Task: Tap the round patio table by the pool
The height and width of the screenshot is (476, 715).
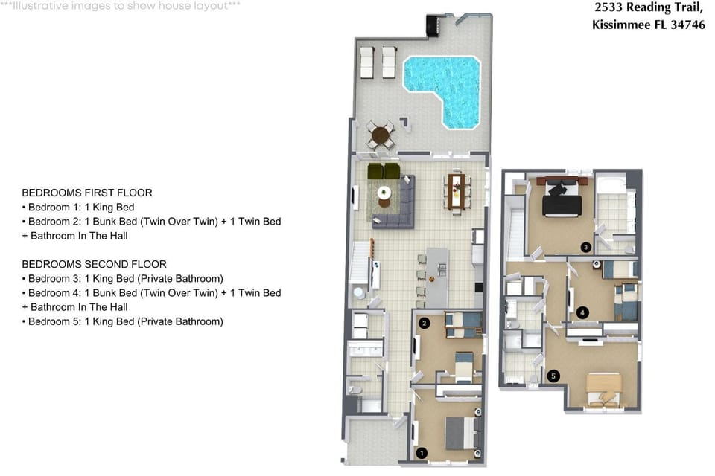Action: (381, 135)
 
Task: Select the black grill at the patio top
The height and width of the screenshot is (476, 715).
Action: (432, 25)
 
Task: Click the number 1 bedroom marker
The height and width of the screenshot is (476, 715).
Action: (422, 453)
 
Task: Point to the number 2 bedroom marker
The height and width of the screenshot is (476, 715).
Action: (425, 323)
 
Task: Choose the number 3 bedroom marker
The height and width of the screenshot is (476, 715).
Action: (586, 248)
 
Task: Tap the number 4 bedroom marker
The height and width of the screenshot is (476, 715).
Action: (582, 312)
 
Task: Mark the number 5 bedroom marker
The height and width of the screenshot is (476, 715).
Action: (553, 376)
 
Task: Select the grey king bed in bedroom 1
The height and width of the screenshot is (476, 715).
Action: (462, 433)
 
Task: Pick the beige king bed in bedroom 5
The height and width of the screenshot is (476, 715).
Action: (604, 388)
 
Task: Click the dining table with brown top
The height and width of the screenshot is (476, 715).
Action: (457, 192)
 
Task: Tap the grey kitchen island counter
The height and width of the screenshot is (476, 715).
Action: (437, 277)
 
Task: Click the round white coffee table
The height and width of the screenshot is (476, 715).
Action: (384, 192)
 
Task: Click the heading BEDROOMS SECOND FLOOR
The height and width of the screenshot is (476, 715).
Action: (95, 264)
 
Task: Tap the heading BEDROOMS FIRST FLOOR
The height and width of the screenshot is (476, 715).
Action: (87, 193)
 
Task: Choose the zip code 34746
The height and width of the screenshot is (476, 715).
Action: (687, 24)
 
